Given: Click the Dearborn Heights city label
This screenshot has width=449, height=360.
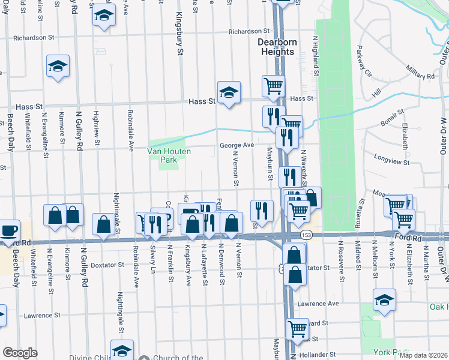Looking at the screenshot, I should tap(276, 47).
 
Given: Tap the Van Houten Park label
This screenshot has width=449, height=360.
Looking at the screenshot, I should tap(169, 155).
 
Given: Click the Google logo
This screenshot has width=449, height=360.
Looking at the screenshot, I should tap(20, 353).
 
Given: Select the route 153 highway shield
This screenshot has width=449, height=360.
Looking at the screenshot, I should tap(307, 233).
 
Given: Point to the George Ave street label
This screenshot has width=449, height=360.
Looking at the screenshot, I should tap(237, 145).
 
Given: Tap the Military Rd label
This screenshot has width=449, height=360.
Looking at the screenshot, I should tap(420, 76).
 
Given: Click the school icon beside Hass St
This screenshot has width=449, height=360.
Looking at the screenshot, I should tap(228, 93).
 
